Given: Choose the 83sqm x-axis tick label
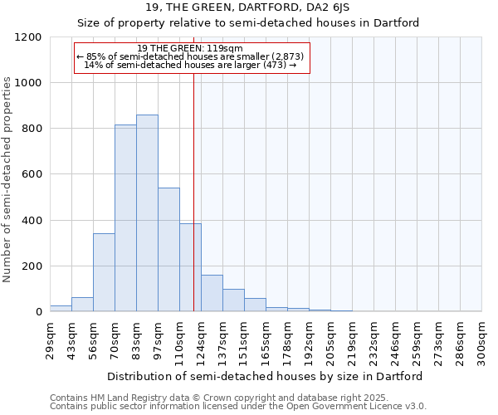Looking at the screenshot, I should [x=137, y=340].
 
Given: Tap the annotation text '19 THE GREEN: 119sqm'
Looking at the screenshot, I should [x=190, y=48].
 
